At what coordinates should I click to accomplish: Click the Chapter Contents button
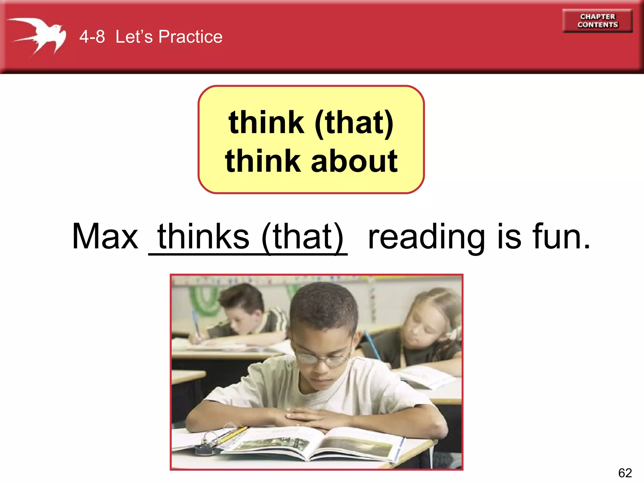[597, 21]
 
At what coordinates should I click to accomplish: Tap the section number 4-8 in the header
[92, 37]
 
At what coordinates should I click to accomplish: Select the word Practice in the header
[190, 37]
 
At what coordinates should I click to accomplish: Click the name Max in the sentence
[105, 236]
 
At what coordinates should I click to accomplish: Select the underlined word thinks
[203, 236]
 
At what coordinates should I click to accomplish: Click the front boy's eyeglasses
[324, 358]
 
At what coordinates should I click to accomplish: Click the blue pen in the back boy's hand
[196, 322]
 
